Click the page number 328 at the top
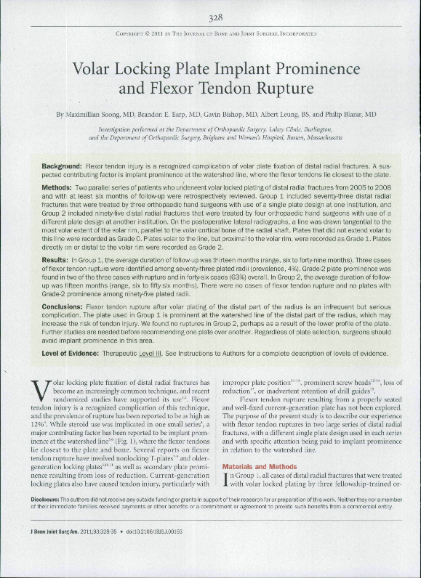210,17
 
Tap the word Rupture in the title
277,89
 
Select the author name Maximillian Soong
97,115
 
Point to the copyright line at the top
210,34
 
